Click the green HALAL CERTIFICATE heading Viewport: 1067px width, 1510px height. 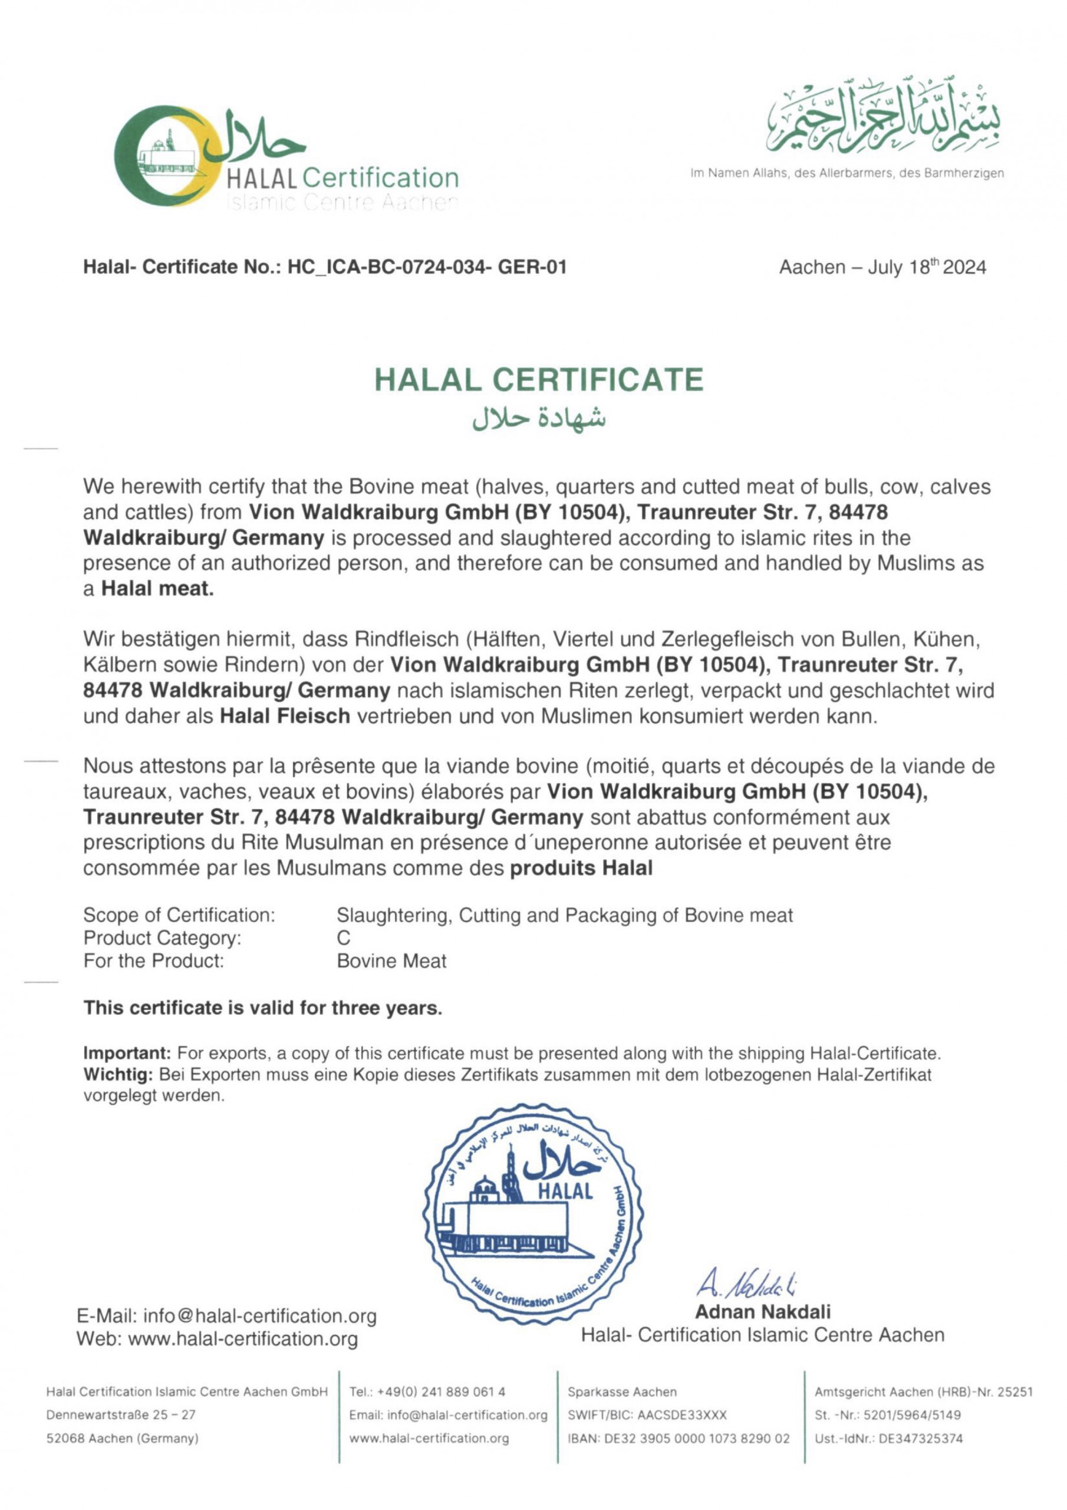[x=538, y=379]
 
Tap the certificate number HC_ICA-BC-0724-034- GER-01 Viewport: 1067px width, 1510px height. [x=427, y=267]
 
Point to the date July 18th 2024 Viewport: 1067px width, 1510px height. [x=927, y=267]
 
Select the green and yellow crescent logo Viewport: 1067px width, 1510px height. [x=164, y=159]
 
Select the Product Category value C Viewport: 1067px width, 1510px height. [x=344, y=938]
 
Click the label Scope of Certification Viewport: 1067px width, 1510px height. [x=179, y=915]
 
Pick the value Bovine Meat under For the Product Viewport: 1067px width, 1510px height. [x=391, y=961]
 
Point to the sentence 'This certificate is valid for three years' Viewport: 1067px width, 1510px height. [x=262, y=1008]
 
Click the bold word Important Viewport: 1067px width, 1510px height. [x=127, y=1053]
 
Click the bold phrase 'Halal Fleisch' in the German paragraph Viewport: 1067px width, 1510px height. [x=284, y=715]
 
